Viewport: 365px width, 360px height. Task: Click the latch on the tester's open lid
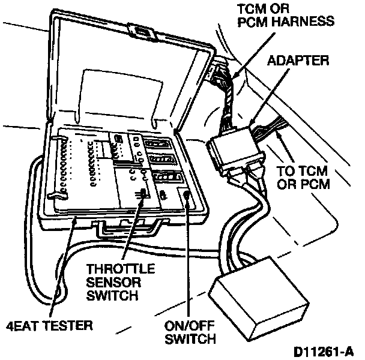click(140, 32)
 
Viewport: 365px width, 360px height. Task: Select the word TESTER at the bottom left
click(70, 326)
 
